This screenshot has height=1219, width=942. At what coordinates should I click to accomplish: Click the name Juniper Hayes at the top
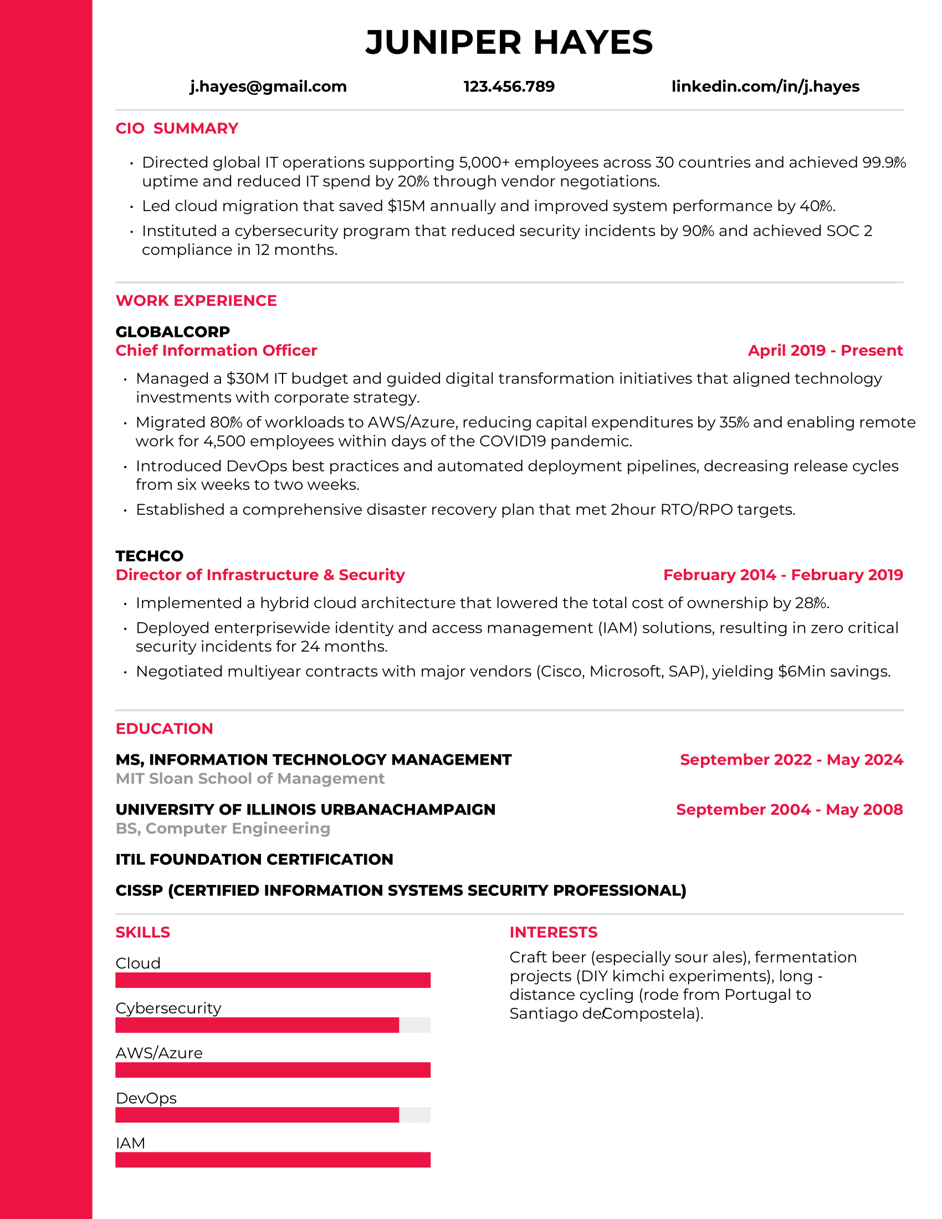tap(508, 43)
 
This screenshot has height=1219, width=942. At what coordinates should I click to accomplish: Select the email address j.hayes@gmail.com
tap(268, 86)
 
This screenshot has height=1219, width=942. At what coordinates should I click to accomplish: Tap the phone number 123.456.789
tap(508, 86)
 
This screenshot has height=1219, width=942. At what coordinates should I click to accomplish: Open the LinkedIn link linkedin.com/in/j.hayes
tap(765, 86)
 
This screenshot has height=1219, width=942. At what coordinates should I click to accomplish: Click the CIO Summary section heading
tap(176, 129)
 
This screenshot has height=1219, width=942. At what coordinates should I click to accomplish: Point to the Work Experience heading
tap(196, 301)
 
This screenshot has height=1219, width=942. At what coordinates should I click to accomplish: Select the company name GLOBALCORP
tap(172, 332)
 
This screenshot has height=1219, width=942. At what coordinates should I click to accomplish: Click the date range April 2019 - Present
tap(825, 351)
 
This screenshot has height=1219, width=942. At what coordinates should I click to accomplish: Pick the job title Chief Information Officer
tap(216, 351)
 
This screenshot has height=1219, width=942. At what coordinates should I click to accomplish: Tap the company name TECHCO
tap(149, 556)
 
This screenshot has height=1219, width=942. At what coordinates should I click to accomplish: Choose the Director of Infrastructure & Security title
tap(260, 575)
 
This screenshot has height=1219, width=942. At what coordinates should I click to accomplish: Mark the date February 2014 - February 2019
tap(782, 575)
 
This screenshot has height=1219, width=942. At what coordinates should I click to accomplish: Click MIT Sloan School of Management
tap(250, 778)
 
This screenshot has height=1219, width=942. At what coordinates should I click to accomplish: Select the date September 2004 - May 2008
tap(789, 810)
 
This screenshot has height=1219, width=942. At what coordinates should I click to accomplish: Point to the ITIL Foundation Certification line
tap(254, 859)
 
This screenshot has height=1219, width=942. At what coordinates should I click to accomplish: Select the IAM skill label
tap(130, 1143)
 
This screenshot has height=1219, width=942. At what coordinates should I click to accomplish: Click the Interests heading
tap(553, 932)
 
